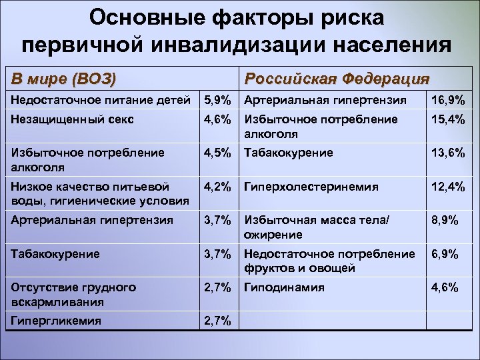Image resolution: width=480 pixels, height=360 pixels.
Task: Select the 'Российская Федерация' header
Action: (x=337, y=79)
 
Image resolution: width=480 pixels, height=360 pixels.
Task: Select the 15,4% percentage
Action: (x=448, y=119)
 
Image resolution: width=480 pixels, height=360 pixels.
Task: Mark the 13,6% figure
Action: (x=448, y=153)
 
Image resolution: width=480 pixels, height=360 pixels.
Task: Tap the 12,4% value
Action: (x=448, y=187)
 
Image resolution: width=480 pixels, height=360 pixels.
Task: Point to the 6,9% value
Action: (x=445, y=254)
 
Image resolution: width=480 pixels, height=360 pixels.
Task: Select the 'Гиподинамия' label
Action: (x=285, y=287)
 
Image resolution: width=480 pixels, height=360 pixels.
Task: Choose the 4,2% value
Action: (x=217, y=187)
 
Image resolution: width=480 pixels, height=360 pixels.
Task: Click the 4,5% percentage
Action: (x=217, y=153)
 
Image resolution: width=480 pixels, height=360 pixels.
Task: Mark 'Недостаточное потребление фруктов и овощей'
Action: (x=329, y=261)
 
